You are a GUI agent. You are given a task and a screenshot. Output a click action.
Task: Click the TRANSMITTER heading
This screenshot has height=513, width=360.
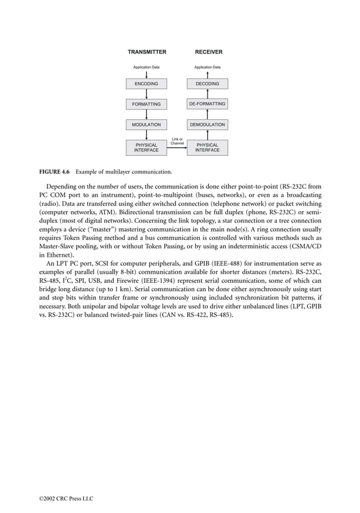click(147, 52)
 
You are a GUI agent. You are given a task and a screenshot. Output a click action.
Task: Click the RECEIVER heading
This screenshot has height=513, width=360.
click(208, 52)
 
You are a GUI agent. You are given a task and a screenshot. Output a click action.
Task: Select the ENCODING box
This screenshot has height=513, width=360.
click(146, 84)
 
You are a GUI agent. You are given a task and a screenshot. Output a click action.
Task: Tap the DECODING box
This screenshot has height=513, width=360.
click(208, 84)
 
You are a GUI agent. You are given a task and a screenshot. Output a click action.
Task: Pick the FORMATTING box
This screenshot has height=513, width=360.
click(146, 104)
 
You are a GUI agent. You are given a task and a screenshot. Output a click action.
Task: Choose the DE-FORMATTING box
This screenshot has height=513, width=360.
click(208, 104)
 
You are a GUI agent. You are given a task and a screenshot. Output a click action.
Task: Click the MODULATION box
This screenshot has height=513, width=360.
click(146, 124)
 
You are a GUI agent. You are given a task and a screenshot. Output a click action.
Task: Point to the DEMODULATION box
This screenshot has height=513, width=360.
click(208, 124)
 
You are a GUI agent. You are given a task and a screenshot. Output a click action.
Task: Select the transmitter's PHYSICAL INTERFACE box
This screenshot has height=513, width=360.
click(146, 147)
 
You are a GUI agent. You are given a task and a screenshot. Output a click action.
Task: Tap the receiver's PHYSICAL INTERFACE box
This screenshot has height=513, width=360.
click(208, 147)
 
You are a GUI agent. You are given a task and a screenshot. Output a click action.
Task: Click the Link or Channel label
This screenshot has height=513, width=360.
click(177, 141)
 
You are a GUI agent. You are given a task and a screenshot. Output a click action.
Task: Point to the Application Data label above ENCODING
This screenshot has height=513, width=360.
click(146, 67)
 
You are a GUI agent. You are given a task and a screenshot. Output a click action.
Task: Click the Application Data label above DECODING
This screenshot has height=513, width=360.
click(208, 67)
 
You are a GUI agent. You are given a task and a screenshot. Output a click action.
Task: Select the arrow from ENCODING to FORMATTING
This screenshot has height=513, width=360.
click(146, 94)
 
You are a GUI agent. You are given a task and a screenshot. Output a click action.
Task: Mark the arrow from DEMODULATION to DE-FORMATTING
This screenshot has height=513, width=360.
click(208, 114)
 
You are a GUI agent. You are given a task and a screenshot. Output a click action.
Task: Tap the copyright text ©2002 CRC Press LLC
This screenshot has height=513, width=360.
click(60, 498)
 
